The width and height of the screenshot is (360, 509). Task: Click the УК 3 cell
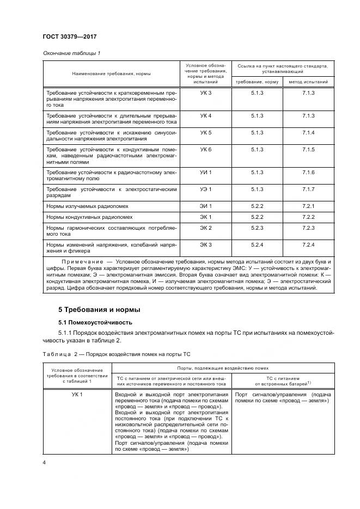[x=205, y=94]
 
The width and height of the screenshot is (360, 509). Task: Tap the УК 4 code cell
[x=205, y=116]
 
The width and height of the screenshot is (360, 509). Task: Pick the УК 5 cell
[x=205, y=133]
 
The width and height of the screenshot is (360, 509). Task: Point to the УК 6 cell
[x=205, y=149]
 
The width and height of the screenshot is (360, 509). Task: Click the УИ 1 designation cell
[x=205, y=173]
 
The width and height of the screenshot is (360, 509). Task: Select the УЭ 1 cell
[x=205, y=189]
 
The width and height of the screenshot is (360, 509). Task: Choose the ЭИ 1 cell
[x=205, y=206]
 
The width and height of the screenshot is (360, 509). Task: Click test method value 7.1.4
[x=308, y=133]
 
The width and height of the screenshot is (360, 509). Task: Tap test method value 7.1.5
[x=308, y=149]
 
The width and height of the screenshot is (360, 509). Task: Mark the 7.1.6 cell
[x=308, y=173]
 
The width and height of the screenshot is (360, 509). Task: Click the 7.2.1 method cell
[x=308, y=206]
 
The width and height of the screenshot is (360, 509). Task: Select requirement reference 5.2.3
[x=257, y=228]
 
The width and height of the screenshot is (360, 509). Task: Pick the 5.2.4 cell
[x=257, y=244]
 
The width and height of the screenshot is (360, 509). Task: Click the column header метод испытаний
[x=308, y=82]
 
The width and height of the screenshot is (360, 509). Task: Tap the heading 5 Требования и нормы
[x=99, y=310]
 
